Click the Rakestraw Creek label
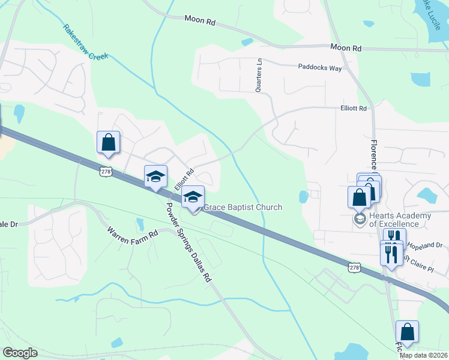pyautogui.click(x=85, y=42)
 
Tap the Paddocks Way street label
pyautogui.click(x=320, y=68)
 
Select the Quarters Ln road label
pyautogui.click(x=259, y=75)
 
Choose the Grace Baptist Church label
pyautogui.click(x=243, y=208)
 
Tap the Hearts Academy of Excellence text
pyautogui.click(x=401, y=219)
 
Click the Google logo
pyautogui.click(x=20, y=353)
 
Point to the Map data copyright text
pyautogui.click(x=424, y=355)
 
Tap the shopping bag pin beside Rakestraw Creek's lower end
pyautogui.click(x=108, y=143)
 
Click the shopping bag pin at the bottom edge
pyautogui.click(x=407, y=332)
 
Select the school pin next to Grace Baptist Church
pyautogui.click(x=193, y=197)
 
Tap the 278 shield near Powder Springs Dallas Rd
pyautogui.click(x=106, y=172)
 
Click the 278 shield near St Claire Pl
pyautogui.click(x=355, y=268)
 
